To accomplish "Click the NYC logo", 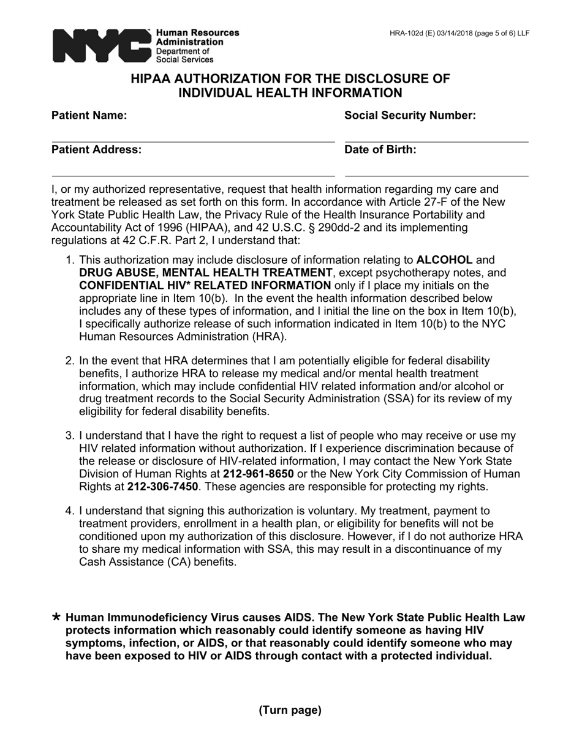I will [x=101, y=45].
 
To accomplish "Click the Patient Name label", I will [x=89, y=116].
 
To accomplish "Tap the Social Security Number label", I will [x=410, y=116].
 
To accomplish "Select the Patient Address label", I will [x=96, y=150].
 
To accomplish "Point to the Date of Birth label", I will [x=380, y=150].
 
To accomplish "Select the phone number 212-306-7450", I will [x=162, y=487].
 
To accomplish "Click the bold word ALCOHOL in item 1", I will [x=444, y=260].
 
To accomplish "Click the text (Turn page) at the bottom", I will [x=290, y=710].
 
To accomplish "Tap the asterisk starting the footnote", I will [x=56, y=617].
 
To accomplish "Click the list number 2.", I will [x=69, y=361].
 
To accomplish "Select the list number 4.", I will [x=69, y=511].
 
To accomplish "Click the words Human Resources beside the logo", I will [x=197, y=32].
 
